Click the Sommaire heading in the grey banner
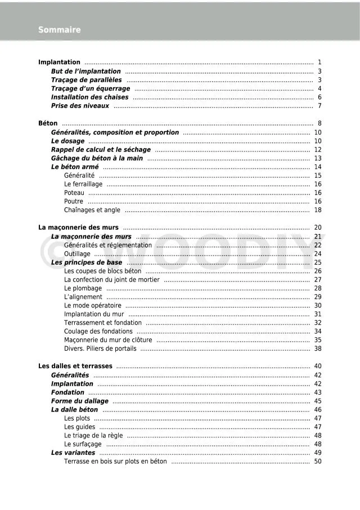[x=59, y=30]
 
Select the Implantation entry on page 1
[x=59, y=62]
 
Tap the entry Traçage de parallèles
[x=86, y=80]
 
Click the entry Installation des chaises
[x=89, y=97]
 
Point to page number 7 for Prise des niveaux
[x=319, y=106]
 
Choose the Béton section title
[x=48, y=124]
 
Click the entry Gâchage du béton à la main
[x=97, y=159]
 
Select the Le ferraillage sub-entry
[x=83, y=184]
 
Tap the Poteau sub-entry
[x=74, y=193]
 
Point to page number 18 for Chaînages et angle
[x=318, y=210]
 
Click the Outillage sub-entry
[x=77, y=254]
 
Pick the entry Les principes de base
[x=87, y=262]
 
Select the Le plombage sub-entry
[x=83, y=288]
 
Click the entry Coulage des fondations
[x=98, y=332]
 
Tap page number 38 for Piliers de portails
[x=318, y=348]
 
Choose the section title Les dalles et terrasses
[x=75, y=366]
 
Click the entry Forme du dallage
[x=79, y=401]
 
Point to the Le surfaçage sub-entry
[x=83, y=444]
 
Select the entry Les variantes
[x=73, y=453]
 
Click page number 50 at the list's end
[x=318, y=462]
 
